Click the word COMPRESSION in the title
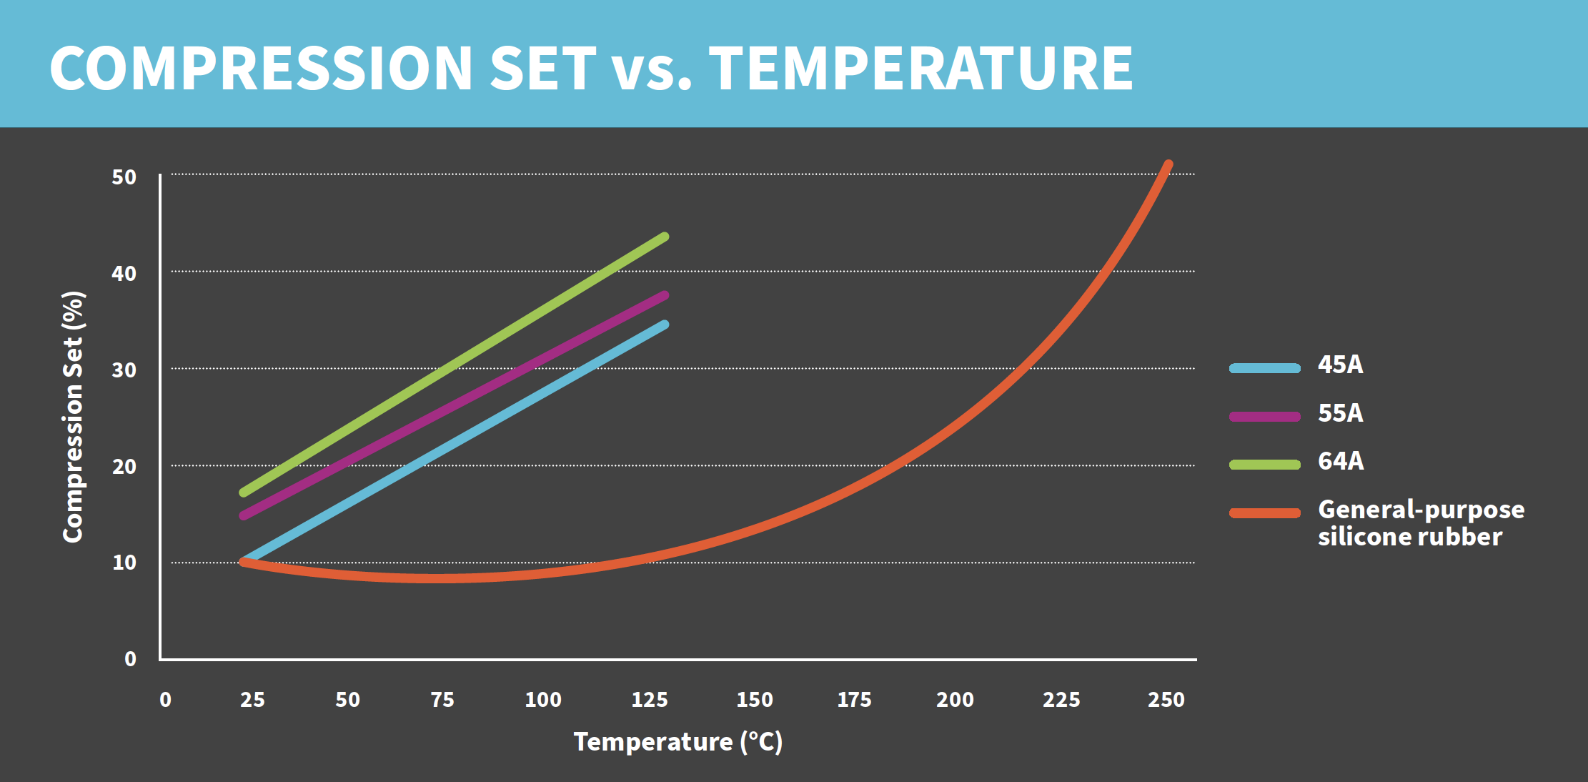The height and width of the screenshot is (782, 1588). (261, 69)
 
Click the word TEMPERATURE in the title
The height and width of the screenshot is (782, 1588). (920, 69)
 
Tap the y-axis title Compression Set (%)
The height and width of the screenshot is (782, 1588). (74, 417)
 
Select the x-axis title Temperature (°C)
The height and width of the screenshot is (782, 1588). (678, 742)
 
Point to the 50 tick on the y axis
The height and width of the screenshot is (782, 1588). (124, 177)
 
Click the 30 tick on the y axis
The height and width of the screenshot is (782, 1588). (124, 370)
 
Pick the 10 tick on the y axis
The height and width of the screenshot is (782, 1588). (124, 563)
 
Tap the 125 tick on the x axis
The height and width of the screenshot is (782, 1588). (649, 699)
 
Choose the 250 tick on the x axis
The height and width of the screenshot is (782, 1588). (1166, 699)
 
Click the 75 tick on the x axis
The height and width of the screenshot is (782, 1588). (442, 699)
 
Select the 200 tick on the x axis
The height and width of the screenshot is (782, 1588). (955, 699)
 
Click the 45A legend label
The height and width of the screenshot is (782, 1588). (1340, 365)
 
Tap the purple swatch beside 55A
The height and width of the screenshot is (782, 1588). (1264, 416)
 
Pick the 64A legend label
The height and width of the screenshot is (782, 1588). (1340, 461)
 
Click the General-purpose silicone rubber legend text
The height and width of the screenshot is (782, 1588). (1420, 523)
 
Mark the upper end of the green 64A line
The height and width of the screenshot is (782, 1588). (664, 237)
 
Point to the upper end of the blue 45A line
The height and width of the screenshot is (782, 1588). (664, 325)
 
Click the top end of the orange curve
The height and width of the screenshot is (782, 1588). (1168, 165)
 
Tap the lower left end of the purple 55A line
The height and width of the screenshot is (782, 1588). (244, 515)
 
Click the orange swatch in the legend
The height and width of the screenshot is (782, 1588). (1264, 513)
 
